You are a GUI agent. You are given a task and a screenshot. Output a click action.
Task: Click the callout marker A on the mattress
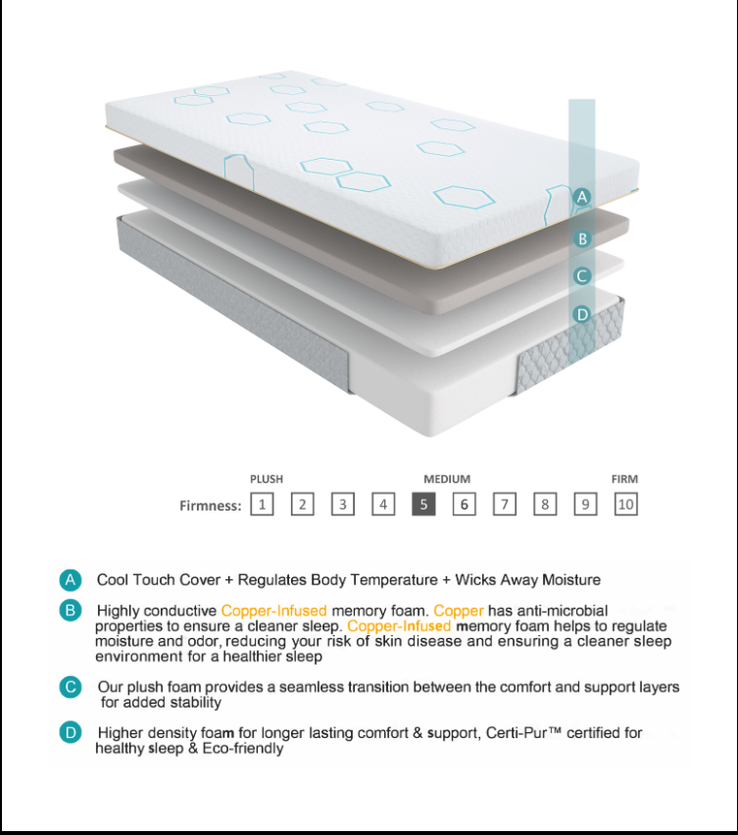click(582, 197)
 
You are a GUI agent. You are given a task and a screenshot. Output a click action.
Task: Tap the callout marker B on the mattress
click(582, 238)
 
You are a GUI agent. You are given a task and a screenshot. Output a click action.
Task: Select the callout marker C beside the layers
click(582, 276)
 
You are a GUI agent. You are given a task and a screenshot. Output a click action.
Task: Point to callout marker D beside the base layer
click(582, 315)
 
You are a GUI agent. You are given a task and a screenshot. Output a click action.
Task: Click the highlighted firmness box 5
click(423, 505)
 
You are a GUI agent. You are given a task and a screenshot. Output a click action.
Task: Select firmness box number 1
click(262, 505)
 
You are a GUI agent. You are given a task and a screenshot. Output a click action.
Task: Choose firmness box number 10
click(625, 505)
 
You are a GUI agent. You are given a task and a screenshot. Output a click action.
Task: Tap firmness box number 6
click(465, 505)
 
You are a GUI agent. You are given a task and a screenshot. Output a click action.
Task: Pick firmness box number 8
click(545, 505)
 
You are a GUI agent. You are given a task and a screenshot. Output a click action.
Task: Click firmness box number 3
click(342, 505)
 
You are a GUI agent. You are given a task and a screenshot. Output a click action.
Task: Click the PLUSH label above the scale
click(266, 479)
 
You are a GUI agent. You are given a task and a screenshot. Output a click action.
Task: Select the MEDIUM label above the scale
click(447, 479)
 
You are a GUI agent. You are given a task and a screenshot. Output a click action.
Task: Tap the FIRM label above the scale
click(624, 479)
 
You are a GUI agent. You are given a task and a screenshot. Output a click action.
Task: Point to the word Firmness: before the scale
click(211, 506)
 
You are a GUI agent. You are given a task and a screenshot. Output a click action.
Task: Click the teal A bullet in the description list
click(70, 580)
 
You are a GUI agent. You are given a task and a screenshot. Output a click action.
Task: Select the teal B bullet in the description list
click(70, 611)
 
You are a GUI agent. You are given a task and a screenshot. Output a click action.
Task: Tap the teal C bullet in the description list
click(70, 687)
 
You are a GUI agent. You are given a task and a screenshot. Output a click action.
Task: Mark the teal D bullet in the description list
click(70, 732)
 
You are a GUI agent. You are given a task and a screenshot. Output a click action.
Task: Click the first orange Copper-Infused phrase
click(273, 611)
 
